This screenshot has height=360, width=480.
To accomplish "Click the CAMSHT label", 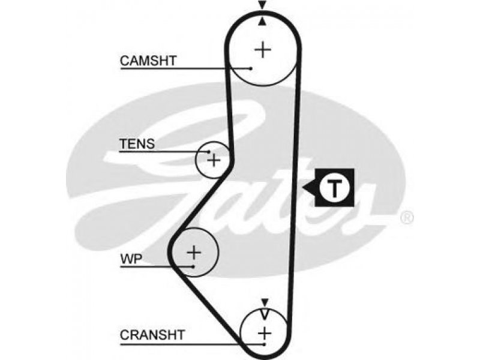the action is click(148, 61).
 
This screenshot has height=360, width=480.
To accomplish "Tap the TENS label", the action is click(137, 144).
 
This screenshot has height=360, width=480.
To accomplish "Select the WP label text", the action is click(131, 259).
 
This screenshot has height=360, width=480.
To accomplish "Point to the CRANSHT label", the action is click(152, 335).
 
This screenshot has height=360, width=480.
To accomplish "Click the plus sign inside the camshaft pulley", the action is click(263, 50).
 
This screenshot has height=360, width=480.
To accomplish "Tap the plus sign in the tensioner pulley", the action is click(214, 160).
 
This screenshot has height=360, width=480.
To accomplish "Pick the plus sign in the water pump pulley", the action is click(194, 253).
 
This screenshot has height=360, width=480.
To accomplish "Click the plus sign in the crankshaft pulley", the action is click(265, 333).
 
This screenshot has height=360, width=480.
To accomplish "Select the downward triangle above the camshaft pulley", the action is click(262, 5).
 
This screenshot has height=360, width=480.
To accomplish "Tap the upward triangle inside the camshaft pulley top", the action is click(262, 21).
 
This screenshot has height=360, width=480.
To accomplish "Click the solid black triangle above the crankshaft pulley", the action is click(265, 302).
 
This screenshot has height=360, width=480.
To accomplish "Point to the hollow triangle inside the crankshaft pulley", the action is click(265, 314).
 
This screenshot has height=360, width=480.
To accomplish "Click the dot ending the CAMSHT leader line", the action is click(251, 68).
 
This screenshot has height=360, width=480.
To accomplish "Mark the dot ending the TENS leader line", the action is click(209, 152).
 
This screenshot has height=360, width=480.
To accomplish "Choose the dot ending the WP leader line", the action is click(193, 266).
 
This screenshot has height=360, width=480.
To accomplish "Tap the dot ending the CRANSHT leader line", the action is click(265, 344).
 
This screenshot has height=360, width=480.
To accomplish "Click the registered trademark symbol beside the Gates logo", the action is click(407, 218).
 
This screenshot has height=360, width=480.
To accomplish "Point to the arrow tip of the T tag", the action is click(302, 187).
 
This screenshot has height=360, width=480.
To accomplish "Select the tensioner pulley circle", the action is click(196, 160).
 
